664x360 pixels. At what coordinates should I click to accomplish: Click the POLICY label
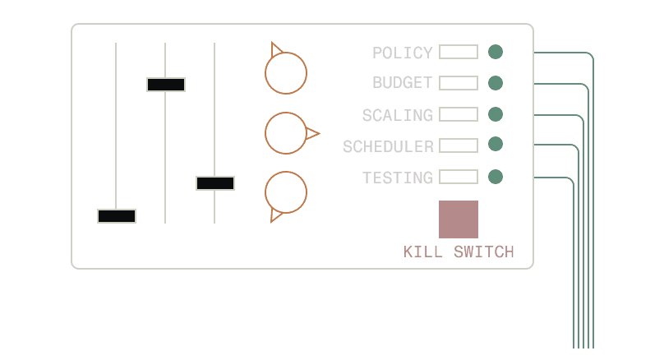[402, 53]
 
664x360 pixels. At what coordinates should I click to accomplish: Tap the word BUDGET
[402, 83]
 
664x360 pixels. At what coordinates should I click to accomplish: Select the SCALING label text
[397, 115]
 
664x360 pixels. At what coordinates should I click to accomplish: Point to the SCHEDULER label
[388, 146]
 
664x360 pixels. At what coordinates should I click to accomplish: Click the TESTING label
[397, 178]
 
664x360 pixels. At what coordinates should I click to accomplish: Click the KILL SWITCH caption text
[459, 252]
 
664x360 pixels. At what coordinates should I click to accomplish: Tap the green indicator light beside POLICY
[496, 52]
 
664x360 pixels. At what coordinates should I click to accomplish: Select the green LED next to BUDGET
[496, 83]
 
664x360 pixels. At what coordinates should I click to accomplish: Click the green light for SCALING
[496, 113]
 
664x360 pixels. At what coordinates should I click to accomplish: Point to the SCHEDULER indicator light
[496, 145]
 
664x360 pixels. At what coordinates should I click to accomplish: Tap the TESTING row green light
[496, 176]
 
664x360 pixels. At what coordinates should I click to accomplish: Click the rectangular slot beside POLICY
[459, 52]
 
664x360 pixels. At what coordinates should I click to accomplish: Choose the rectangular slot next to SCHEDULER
[459, 145]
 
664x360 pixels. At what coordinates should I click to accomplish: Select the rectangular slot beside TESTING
[459, 176]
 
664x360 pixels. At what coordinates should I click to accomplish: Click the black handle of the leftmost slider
[117, 216]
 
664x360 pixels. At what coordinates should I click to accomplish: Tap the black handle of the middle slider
[166, 84]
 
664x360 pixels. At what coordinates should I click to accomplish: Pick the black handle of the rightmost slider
[215, 182]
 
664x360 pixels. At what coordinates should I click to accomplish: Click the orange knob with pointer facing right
[287, 133]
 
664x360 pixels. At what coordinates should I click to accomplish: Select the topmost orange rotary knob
[286, 72]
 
